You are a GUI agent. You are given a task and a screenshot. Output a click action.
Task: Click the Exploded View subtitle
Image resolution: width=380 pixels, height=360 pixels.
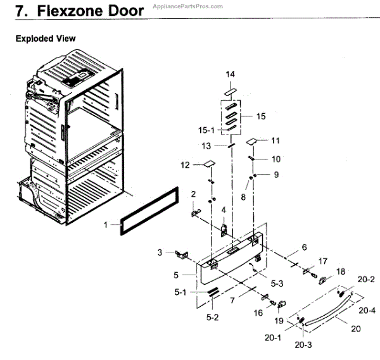(x=46, y=39)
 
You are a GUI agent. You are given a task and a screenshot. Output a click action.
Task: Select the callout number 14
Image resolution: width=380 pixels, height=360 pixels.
(x=231, y=75)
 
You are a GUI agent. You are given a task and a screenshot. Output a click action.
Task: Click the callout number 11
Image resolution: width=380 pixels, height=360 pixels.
(x=275, y=140)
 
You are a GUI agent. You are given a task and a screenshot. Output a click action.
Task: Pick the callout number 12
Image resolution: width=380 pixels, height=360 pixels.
(x=185, y=165)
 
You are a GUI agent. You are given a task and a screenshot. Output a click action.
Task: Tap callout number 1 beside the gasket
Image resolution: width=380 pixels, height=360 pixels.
(x=106, y=224)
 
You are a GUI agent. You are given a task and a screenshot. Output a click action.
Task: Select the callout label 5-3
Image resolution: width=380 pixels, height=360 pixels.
(x=278, y=285)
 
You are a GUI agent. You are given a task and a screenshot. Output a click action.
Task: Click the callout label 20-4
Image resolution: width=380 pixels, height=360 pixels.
(x=366, y=311)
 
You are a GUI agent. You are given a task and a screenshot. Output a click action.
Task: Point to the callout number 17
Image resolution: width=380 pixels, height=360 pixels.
(x=323, y=261)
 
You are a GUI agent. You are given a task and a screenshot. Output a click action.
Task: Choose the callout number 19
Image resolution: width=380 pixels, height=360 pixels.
(x=279, y=320)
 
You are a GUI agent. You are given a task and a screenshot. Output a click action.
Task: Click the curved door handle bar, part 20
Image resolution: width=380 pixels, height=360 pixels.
(x=329, y=311)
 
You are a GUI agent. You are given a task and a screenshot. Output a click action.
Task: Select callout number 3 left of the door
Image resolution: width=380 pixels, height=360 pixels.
(x=160, y=252)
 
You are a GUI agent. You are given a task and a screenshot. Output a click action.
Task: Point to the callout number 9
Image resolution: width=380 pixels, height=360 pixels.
(x=275, y=174)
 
